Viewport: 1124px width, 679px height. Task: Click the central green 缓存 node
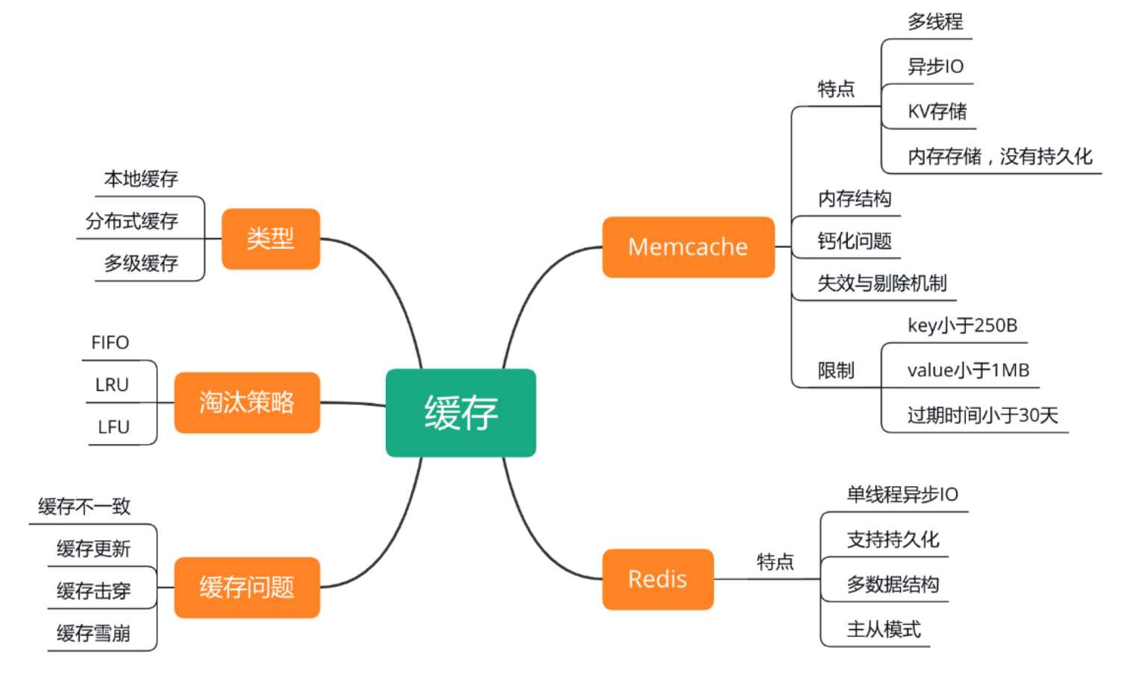(460, 413)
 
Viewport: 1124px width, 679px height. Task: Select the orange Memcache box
(687, 247)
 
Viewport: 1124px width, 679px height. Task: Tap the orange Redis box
(658, 579)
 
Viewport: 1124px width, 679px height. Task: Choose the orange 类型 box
(270, 239)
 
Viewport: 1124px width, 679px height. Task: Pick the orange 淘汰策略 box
(246, 402)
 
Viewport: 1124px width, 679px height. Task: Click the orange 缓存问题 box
(246, 587)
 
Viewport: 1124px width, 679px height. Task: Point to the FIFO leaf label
(110, 342)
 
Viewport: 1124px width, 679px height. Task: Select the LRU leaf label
(112, 385)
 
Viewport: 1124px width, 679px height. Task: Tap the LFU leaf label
(113, 427)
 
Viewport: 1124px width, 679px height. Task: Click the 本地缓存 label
(141, 179)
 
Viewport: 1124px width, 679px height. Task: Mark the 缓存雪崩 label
(93, 633)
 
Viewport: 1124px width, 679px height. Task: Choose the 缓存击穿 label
(93, 591)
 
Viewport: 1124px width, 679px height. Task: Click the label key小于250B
(962, 325)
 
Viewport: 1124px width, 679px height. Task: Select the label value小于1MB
(968, 370)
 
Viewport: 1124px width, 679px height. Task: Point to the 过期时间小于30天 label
(982, 415)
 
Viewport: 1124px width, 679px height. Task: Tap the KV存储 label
(937, 112)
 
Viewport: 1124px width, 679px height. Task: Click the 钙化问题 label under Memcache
(855, 241)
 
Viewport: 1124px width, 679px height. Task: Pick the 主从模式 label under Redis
(884, 630)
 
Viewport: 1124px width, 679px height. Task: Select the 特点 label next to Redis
(775, 562)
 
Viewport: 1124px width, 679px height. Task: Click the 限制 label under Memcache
(836, 370)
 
